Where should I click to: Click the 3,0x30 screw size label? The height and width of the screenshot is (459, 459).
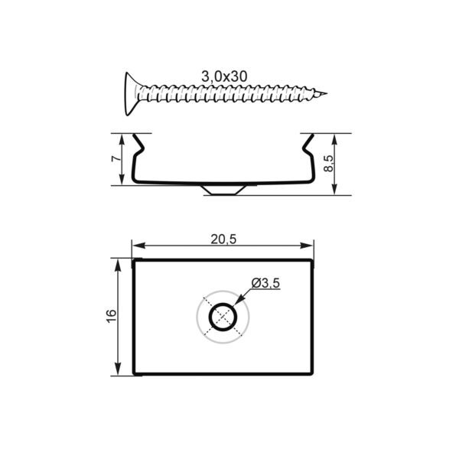click(x=224, y=76)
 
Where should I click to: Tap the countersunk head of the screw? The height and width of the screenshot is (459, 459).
click(x=131, y=93)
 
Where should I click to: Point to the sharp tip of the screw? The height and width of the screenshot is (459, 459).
click(x=326, y=93)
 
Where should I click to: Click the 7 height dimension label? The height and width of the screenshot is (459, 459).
click(x=116, y=158)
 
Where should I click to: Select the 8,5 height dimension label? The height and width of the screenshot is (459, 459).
click(x=328, y=164)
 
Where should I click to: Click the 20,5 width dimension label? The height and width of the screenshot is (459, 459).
click(x=223, y=239)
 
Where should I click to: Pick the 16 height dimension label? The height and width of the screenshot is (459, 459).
click(x=111, y=316)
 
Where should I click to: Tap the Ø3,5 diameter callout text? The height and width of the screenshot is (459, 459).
click(x=265, y=283)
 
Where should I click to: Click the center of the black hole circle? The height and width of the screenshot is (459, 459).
click(x=223, y=317)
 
